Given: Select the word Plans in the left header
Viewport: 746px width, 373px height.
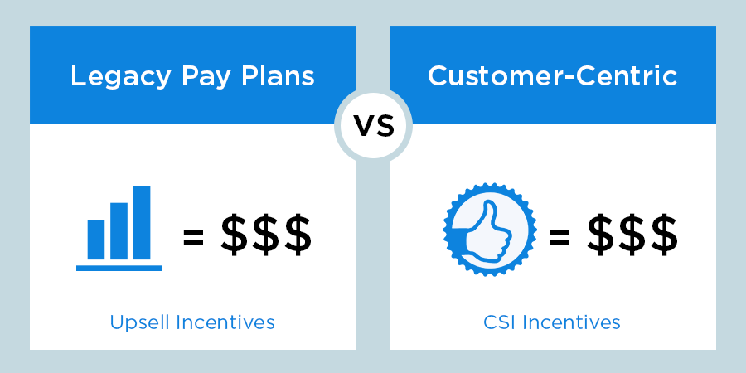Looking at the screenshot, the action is click(278, 75).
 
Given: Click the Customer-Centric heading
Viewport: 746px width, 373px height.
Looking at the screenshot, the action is click(552, 75).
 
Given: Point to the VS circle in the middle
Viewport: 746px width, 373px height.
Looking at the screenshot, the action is click(374, 126).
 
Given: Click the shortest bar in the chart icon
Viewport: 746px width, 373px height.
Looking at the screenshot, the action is click(96, 240).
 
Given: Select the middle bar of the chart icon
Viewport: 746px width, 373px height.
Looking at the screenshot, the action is click(119, 231).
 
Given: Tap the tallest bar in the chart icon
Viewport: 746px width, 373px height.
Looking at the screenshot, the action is click(142, 223).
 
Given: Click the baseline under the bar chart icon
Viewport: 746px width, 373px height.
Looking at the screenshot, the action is click(119, 269).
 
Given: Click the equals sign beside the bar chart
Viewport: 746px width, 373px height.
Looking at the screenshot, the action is click(194, 237).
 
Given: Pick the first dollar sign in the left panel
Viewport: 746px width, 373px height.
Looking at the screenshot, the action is click(234, 234).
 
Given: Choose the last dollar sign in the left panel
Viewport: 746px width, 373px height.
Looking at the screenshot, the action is click(298, 234).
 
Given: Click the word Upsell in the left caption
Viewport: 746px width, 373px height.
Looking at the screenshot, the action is click(140, 323).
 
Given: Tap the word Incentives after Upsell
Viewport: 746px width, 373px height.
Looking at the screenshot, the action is click(225, 322).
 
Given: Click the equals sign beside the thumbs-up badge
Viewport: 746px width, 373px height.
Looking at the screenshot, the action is click(559, 237).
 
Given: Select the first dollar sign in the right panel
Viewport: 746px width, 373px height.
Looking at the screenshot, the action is click(600, 234).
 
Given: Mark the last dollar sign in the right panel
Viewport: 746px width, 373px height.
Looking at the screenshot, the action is click(665, 234).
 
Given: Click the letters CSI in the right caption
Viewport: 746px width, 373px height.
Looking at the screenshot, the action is click(500, 322).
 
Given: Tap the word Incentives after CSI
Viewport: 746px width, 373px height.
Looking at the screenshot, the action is click(571, 322).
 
